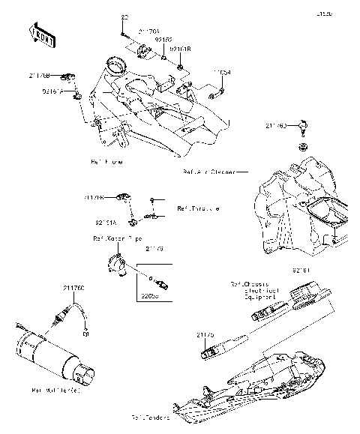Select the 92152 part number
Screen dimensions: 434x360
click(x=163, y=40)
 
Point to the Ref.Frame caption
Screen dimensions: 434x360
click(x=106, y=161)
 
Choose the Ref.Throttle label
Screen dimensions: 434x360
click(x=198, y=208)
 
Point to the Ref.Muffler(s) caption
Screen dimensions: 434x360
click(x=57, y=391)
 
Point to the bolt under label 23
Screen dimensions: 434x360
click(x=121, y=33)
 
